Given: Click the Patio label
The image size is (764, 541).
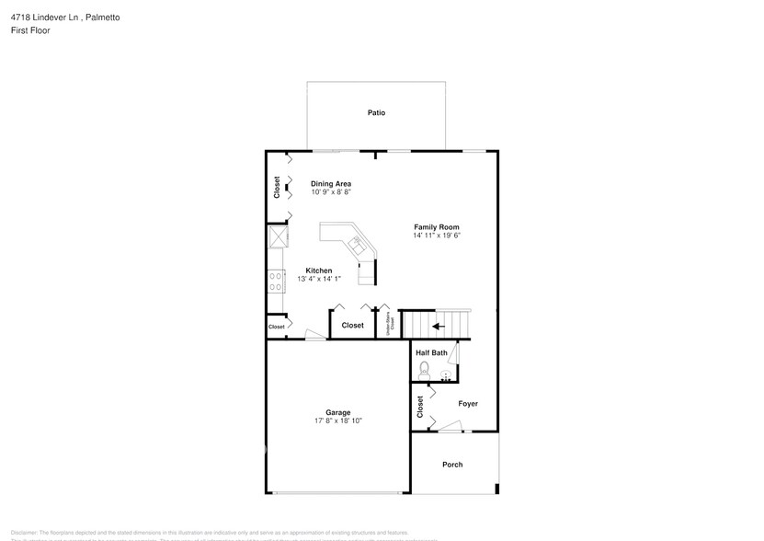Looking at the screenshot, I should [376, 113].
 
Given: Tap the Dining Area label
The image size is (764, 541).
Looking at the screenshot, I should [331, 183].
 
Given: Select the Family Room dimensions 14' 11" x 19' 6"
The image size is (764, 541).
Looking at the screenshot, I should [436, 236].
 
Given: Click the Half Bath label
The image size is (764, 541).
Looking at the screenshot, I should [431, 352].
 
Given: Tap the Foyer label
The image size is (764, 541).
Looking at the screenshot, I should [468, 404].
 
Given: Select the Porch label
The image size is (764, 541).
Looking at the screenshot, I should [452, 465].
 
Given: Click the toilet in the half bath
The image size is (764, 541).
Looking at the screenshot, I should [424, 369].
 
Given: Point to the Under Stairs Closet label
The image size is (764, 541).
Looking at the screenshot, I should [391, 324].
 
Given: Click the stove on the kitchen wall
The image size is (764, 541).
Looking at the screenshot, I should [274, 280].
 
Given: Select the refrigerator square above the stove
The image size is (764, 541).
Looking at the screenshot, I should [276, 237].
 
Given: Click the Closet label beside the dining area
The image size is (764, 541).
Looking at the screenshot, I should [277, 187].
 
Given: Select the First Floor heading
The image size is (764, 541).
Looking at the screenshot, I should [31, 30].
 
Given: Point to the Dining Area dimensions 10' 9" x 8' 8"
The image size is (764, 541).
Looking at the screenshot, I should [331, 192].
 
